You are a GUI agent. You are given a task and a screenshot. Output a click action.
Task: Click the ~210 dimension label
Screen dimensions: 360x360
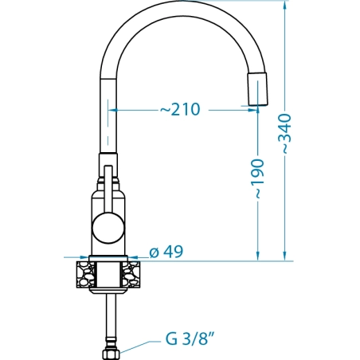point(180,109)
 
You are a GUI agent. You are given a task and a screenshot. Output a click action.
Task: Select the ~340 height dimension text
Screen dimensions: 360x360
point(286,134)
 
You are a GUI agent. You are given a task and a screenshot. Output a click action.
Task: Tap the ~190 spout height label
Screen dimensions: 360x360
point(259,178)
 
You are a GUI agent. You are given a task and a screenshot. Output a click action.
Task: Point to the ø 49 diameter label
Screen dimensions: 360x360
point(166,252)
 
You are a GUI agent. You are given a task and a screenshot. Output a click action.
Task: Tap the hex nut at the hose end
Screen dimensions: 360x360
point(111,354)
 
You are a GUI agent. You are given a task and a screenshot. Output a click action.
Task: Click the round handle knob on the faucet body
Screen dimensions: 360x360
point(108,228)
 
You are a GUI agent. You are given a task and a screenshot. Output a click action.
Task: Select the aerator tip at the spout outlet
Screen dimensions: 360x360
point(257,88)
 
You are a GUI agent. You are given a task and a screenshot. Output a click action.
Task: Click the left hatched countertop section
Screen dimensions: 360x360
point(85,275)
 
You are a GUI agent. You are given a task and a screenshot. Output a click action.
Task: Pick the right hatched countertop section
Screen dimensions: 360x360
point(131,275)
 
